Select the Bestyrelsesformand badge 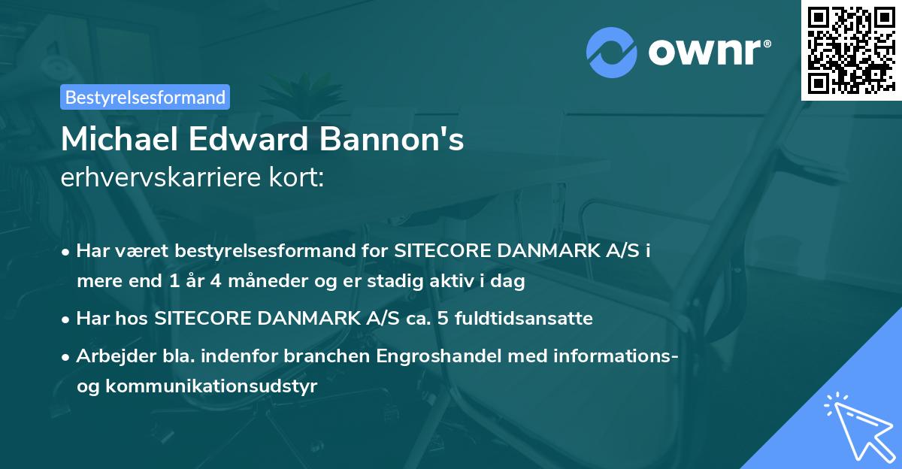coord(145,97)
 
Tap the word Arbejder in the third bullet coord(108,356)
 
